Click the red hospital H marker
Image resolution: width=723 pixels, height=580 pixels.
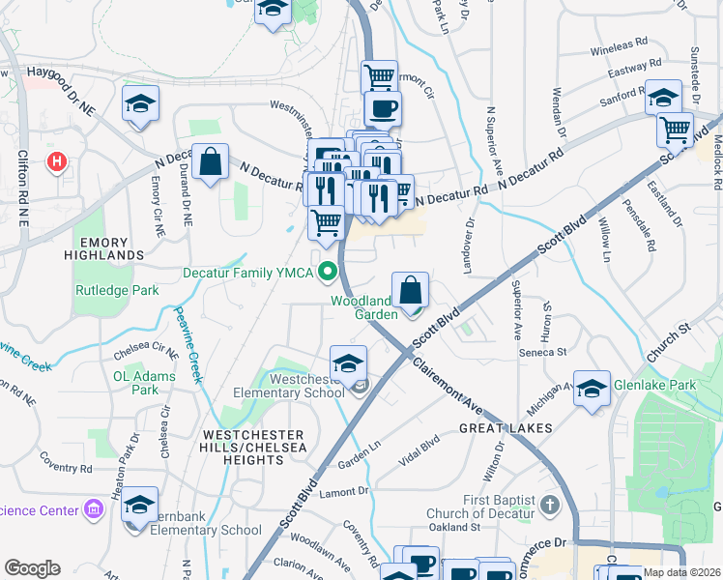(x=57, y=160)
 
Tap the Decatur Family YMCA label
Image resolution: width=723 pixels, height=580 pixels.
(x=248, y=274)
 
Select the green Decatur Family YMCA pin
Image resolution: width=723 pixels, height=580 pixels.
(x=329, y=273)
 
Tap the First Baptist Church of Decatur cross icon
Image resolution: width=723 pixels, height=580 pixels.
(x=549, y=505)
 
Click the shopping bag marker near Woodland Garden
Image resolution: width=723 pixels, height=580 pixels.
(x=411, y=289)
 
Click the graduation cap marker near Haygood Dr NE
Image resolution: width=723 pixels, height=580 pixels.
(x=140, y=103)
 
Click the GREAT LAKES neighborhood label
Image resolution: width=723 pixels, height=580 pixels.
(x=505, y=427)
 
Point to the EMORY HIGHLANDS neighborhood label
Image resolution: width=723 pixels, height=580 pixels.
(x=103, y=247)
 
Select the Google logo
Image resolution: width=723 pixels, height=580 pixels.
(x=32, y=568)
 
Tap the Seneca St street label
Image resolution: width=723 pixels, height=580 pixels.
(x=546, y=353)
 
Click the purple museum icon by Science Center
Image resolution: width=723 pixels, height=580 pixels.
(x=94, y=508)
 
